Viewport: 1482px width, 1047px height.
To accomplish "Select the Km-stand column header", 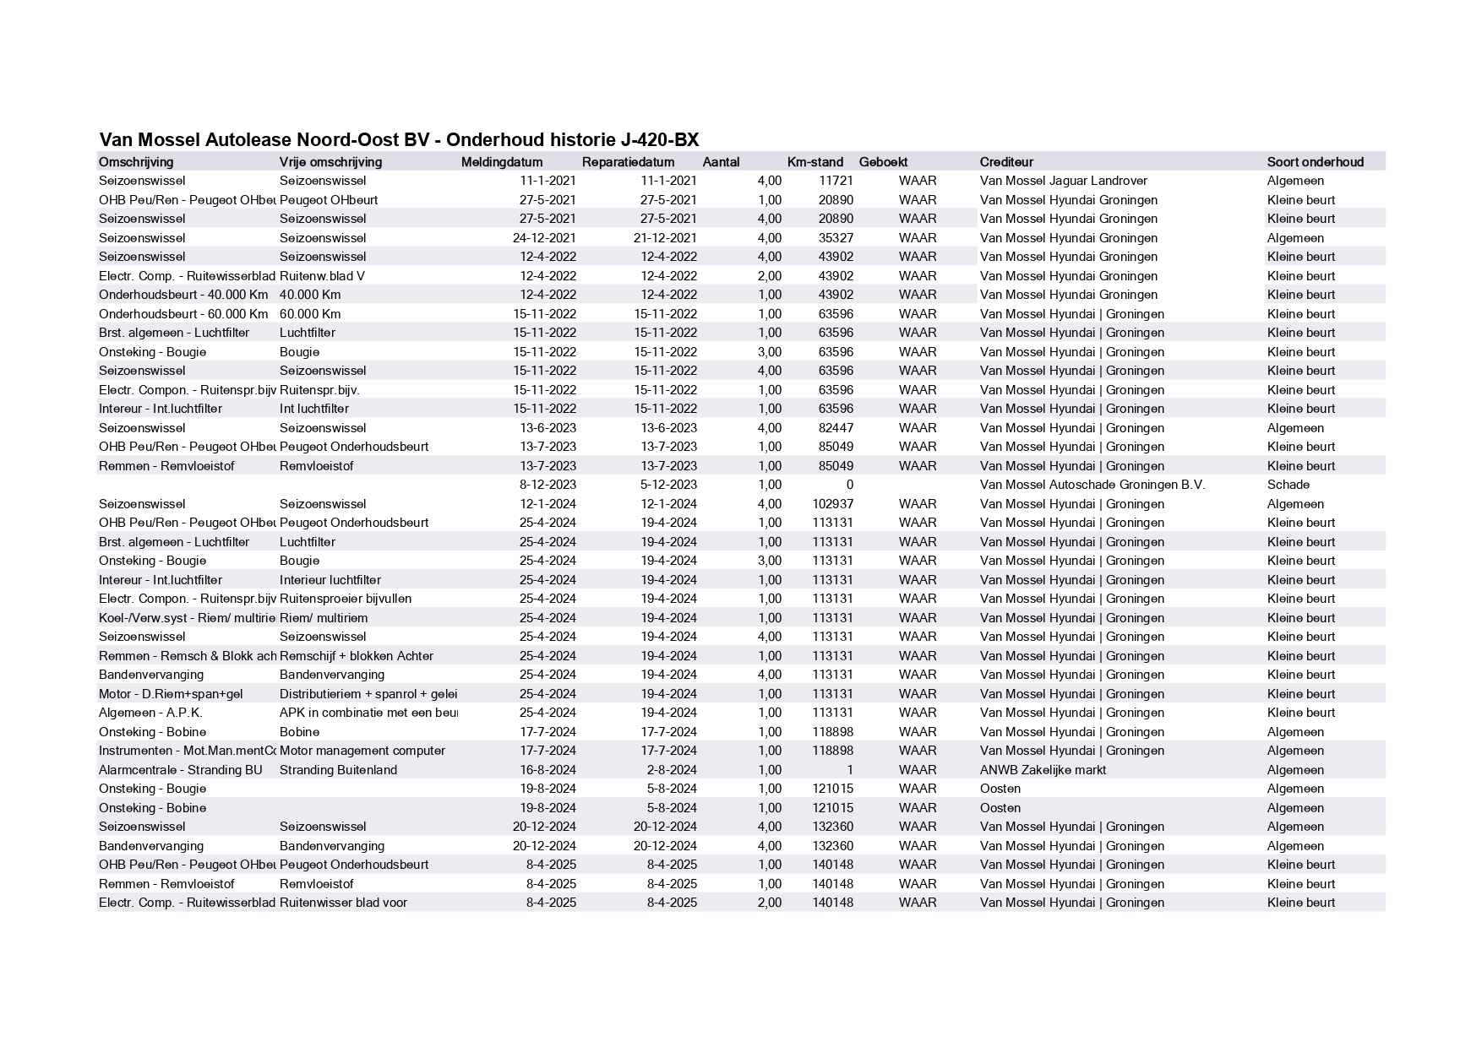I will [815, 162].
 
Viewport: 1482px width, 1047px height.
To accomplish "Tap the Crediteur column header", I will [1006, 162].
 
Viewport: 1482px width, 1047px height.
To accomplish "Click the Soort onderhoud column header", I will [1315, 162].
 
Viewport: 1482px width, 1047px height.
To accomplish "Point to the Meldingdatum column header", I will [502, 162].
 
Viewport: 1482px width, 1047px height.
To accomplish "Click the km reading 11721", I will [836, 181].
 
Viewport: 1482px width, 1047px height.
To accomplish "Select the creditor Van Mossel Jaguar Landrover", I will [1063, 181].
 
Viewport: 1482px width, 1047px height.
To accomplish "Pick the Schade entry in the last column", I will [1288, 485].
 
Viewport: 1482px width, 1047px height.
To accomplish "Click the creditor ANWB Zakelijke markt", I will [1043, 770].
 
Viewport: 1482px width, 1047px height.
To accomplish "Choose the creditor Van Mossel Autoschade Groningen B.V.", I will [1092, 485].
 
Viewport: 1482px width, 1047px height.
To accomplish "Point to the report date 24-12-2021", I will [544, 238].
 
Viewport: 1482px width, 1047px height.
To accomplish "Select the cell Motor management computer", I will [362, 751].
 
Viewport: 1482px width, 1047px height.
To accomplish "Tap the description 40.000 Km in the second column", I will [310, 295].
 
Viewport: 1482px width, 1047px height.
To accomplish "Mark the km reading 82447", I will [833, 428].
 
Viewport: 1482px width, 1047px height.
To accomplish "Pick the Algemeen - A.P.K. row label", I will [150, 713].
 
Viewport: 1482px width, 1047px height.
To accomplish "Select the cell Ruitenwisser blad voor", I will [343, 903].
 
